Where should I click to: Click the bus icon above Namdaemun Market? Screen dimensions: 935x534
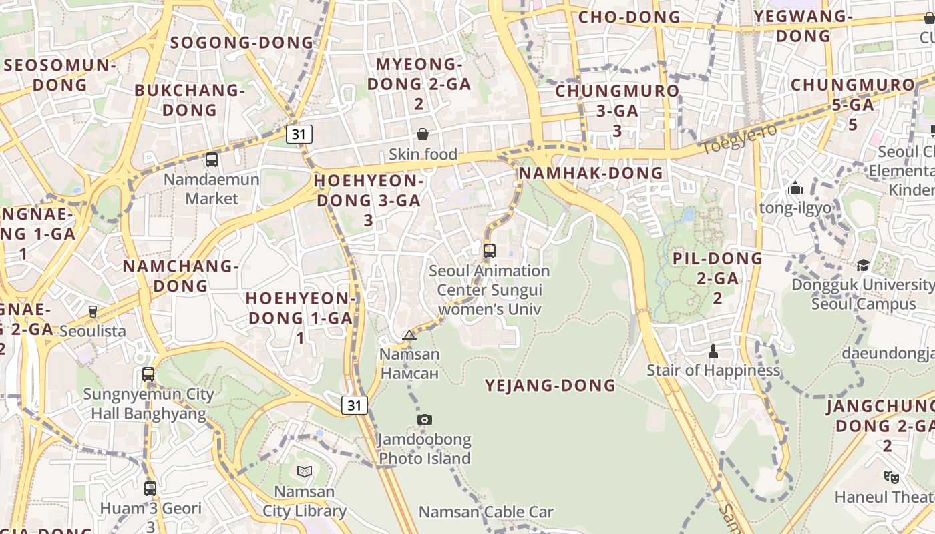212,160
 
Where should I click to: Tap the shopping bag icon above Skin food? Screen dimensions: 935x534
423,135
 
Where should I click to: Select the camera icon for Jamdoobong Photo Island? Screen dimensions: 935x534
425,419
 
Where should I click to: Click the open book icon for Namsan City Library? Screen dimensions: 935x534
305,472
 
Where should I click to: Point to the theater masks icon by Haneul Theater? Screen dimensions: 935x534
891,477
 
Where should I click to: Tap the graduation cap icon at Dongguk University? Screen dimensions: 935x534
863,266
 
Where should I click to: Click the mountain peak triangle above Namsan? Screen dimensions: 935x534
409,335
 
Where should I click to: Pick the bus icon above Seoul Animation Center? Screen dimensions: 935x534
490,251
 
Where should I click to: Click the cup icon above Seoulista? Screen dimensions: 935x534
93,311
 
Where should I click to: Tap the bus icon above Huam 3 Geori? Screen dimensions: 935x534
150,489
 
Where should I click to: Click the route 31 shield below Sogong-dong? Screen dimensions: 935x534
299,134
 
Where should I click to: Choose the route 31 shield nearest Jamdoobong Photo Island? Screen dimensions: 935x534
355,405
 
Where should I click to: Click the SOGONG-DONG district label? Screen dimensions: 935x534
242,43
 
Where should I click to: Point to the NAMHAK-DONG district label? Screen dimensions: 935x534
591,173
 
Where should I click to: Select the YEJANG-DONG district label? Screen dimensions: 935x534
550,385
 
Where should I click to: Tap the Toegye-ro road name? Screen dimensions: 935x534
739,138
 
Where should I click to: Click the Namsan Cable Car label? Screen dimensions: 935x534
486,512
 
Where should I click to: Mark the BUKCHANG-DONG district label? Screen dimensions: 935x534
190,100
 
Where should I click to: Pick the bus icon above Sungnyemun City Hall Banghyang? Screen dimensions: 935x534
148,374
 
